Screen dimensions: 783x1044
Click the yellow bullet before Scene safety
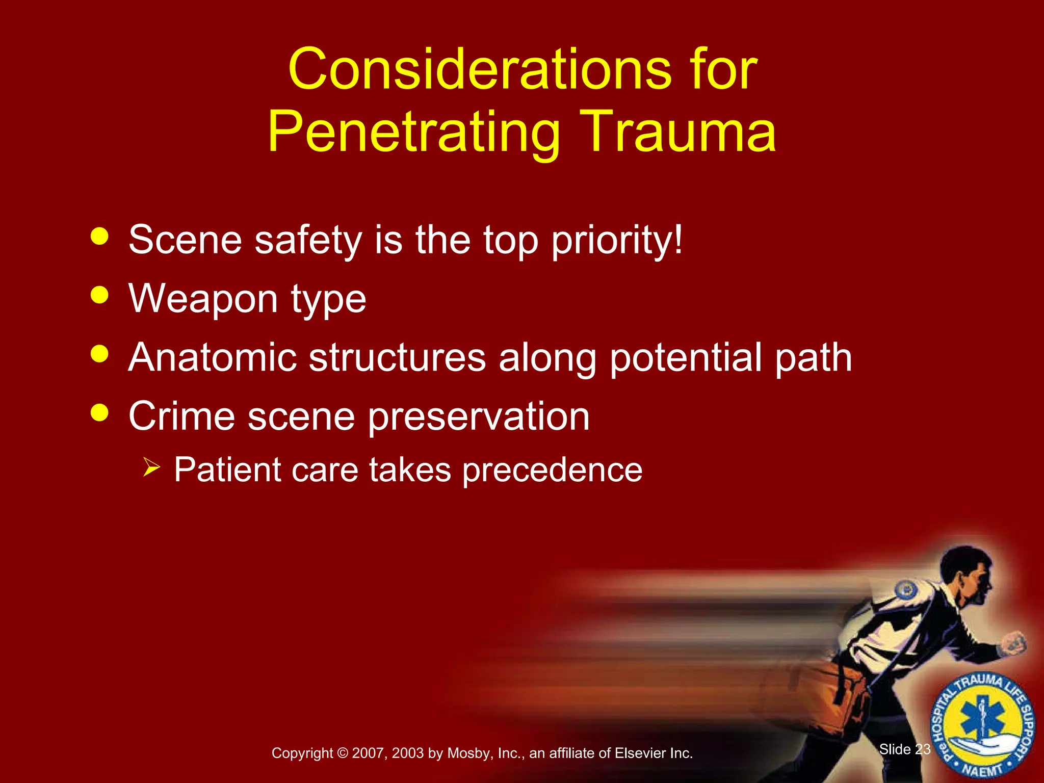point(99,237)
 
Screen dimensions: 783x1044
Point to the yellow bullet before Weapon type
point(99,295)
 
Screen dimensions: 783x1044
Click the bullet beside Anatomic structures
point(99,354)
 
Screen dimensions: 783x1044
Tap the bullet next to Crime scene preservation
point(99,412)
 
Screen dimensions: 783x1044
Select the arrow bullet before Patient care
point(151,466)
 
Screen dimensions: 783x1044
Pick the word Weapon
point(203,299)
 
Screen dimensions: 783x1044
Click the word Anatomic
point(212,357)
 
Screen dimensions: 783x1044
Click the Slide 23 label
point(905,749)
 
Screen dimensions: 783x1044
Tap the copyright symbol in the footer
point(342,753)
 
